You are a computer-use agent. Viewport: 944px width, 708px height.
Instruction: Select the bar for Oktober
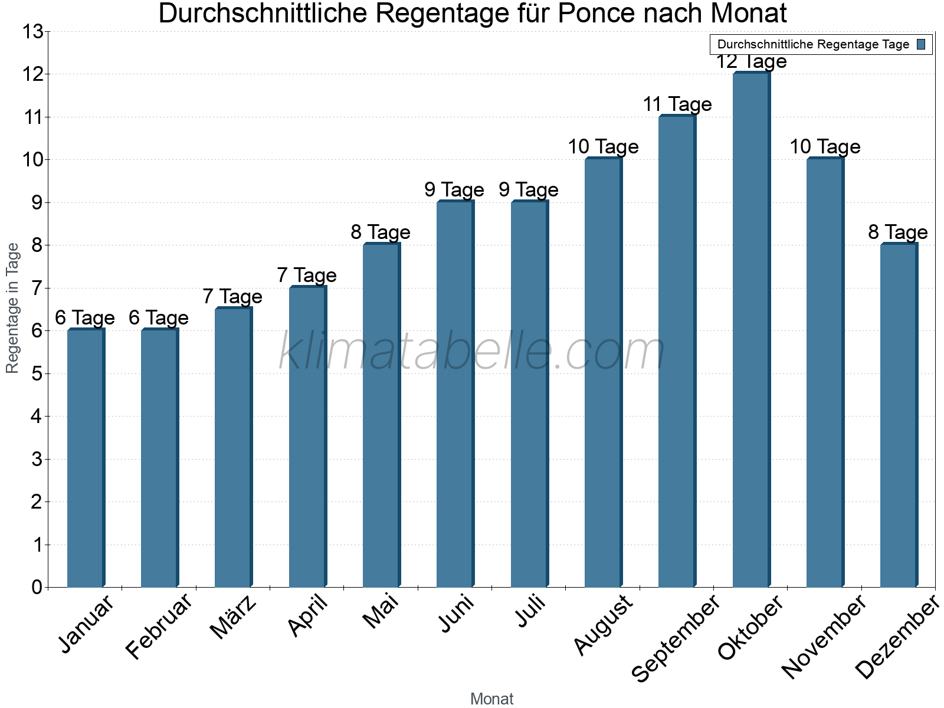(751, 330)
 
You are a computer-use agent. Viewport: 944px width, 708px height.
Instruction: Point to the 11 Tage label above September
(677, 104)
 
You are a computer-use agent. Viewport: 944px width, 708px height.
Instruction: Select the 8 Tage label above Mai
(381, 232)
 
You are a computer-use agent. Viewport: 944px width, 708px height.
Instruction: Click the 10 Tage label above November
(825, 147)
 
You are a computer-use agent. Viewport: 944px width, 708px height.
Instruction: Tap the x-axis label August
(603, 625)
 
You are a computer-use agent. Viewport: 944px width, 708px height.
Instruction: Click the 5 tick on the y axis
(37, 374)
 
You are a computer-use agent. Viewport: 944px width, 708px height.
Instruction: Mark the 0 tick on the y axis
(37, 588)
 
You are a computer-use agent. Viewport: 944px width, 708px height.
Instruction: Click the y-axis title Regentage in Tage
(13, 308)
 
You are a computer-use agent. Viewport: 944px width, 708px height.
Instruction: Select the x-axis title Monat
(491, 699)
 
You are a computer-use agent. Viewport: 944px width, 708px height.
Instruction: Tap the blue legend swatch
(922, 44)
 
